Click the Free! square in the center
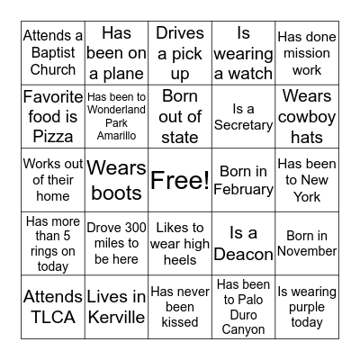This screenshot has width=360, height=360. tap(180, 180)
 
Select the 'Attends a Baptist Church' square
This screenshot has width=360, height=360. tap(53, 53)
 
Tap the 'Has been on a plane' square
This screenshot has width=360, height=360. tap(116, 53)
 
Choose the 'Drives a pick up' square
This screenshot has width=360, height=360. tap(180, 53)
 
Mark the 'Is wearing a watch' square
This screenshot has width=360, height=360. tap(243, 53)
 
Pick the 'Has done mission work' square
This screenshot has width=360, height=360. tap(307, 53)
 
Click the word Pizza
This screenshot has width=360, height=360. tap(53, 137)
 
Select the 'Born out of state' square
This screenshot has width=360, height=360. tap(180, 117)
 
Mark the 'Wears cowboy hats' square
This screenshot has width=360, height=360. tap(307, 117)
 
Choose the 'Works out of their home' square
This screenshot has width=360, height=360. tap(53, 180)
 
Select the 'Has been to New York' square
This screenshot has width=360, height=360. tap(307, 180)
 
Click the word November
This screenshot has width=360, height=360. tap(307, 251)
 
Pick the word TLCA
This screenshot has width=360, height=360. tap(53, 317)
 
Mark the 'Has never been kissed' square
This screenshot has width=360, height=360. tap(180, 307)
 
